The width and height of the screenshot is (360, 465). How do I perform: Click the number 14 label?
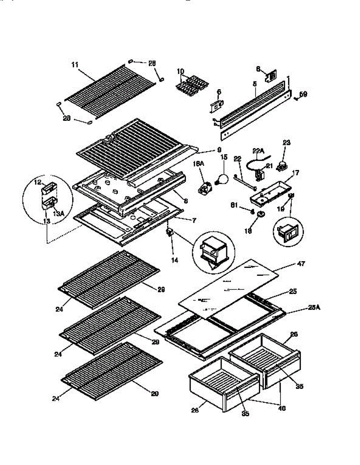tap(175, 260)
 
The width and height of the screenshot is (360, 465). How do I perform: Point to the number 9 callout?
tap(219, 149)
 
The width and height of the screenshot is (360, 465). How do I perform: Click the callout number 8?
tap(186, 201)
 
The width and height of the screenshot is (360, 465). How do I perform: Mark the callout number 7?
tap(193, 220)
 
